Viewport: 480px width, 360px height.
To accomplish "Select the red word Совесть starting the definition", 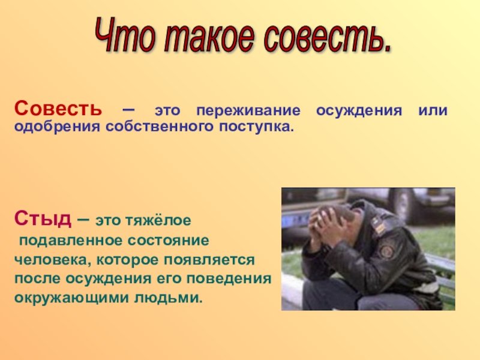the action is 58,109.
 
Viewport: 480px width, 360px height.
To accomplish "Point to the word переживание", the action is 248,111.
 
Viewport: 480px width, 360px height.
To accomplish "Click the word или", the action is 433,110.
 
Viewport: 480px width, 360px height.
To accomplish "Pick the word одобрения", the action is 57,127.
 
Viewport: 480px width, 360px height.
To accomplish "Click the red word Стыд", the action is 43,218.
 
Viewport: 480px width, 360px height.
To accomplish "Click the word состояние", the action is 169,241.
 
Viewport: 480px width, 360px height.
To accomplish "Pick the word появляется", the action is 209,260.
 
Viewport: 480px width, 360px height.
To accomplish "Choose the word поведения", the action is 229,279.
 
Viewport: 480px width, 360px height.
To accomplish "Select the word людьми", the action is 169,298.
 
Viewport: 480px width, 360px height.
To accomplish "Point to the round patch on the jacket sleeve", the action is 387,251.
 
